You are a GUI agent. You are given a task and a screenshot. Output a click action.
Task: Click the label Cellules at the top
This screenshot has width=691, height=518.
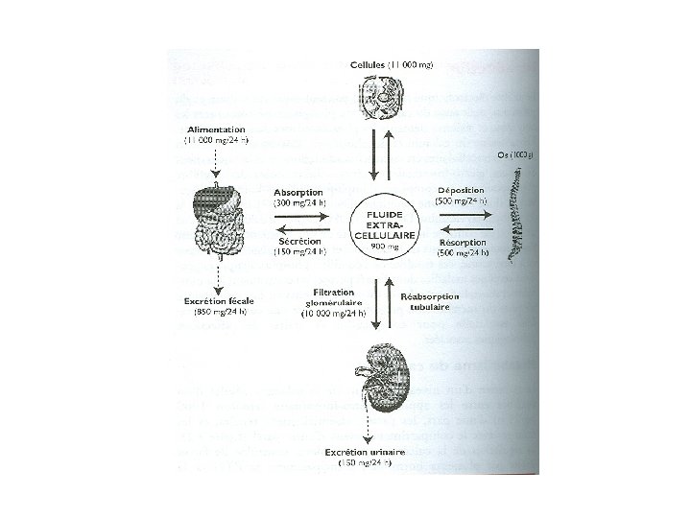click(369, 63)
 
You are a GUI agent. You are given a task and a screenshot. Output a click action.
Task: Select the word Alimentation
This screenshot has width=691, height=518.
click(215, 128)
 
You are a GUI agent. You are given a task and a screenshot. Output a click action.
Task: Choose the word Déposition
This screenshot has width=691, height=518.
click(460, 189)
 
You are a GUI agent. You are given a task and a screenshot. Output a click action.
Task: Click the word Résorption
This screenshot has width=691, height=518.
click(462, 243)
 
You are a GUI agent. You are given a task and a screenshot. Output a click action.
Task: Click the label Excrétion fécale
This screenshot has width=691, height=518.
click(219, 300)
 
